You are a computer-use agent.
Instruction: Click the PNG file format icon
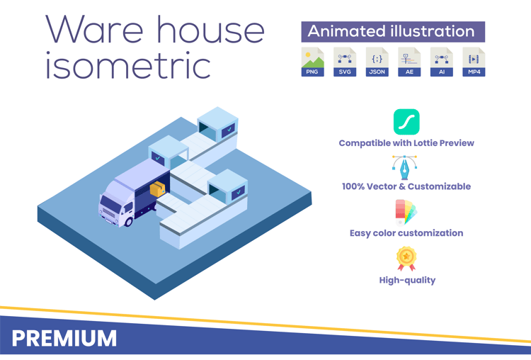pos(312,62)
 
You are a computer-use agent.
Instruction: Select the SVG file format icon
pos(345,62)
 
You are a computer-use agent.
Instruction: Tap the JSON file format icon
pos(377,62)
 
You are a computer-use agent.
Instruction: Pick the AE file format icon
pos(409,62)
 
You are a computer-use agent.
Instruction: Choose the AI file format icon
pos(442,62)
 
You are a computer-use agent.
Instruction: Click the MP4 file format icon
pos(474,62)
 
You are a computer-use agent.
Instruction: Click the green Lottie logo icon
pos(406,122)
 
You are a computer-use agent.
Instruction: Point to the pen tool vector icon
pos(405,167)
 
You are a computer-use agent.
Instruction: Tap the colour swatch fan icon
pos(406,213)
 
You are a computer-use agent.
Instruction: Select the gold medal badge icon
pos(406,259)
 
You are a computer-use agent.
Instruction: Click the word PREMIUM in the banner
pos(64,338)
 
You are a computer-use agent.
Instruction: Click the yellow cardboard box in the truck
pos(157,189)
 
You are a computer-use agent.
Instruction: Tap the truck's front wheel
pos(129,222)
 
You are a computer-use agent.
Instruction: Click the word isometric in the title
pos(128,65)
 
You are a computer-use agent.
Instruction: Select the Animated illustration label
pos(393,32)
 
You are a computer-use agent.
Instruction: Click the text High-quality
pos(407,281)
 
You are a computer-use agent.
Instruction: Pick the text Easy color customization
pos(406,233)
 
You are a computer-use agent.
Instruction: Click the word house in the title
pos(210,30)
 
